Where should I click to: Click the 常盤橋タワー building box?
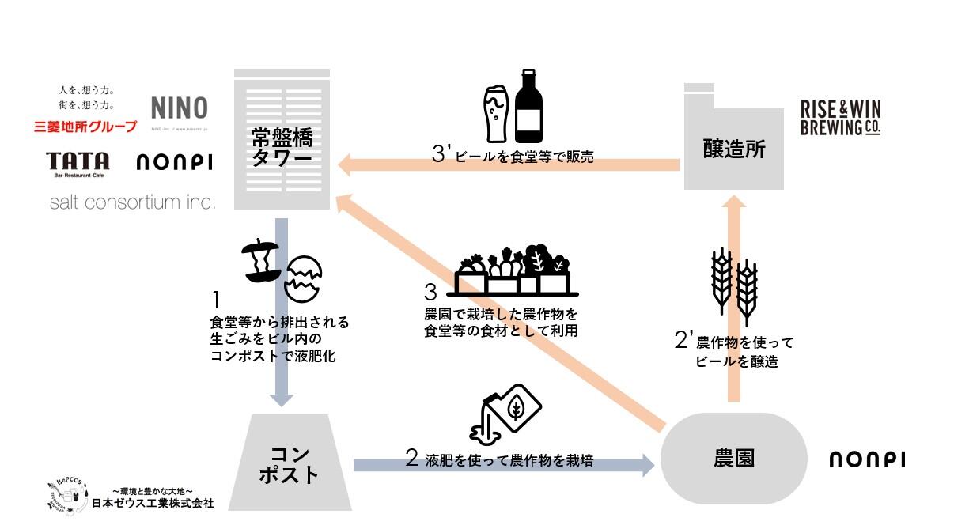282,138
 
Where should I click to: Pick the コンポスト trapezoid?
294,463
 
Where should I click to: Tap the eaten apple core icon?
259,263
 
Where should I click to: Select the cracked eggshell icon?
304,278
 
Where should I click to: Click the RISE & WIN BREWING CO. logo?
840,118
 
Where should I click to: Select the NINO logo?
179,109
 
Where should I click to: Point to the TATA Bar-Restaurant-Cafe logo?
78,164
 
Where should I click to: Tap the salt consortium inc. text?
132,203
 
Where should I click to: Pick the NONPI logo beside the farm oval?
867,459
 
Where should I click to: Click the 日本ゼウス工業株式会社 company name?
153,503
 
